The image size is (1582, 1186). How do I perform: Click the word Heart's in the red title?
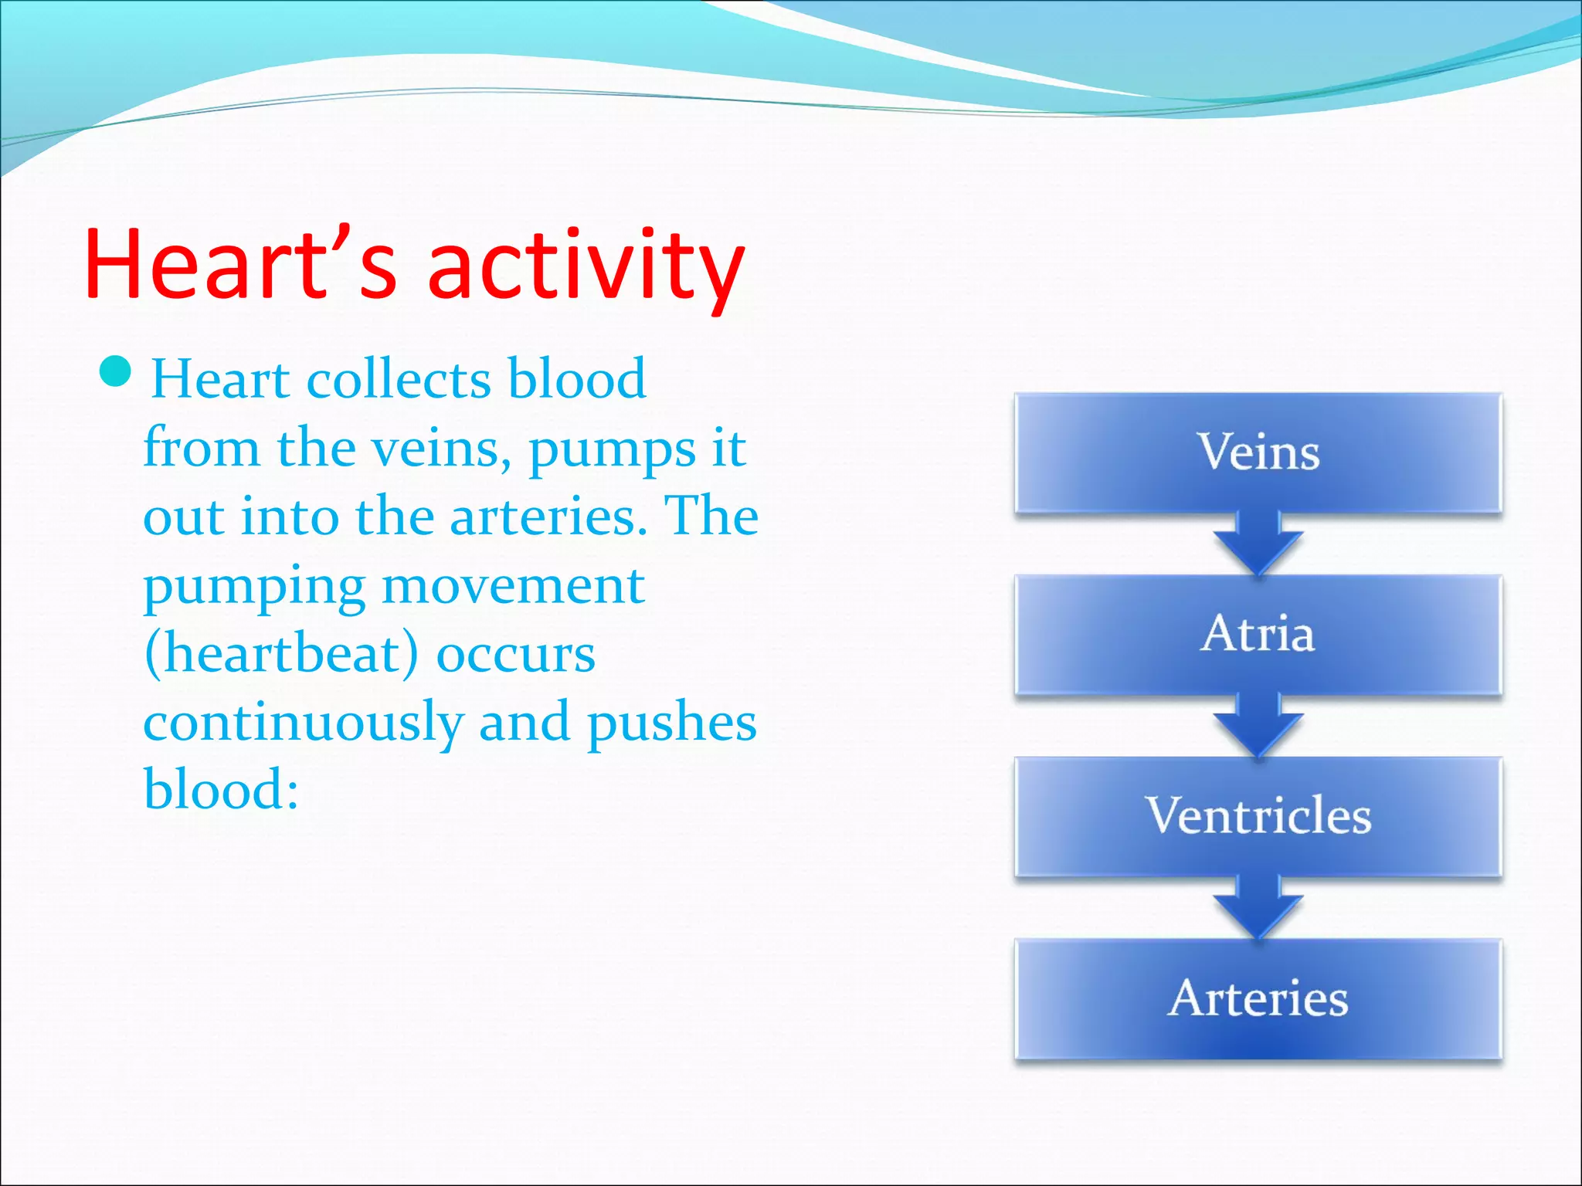pos(239,264)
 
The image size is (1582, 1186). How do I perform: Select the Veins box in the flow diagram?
pos(1258,452)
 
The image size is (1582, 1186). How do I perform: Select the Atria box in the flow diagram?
pos(1258,635)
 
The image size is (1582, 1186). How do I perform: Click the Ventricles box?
pos(1258,816)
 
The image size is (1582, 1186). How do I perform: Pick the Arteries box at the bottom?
pos(1258,998)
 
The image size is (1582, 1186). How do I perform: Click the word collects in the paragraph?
pos(399,380)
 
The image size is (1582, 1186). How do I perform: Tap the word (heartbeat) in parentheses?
pos(281,654)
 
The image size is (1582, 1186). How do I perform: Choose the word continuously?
pos(303,723)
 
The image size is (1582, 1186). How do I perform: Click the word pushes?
pos(671,723)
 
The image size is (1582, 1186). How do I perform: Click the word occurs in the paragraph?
pos(515,656)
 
